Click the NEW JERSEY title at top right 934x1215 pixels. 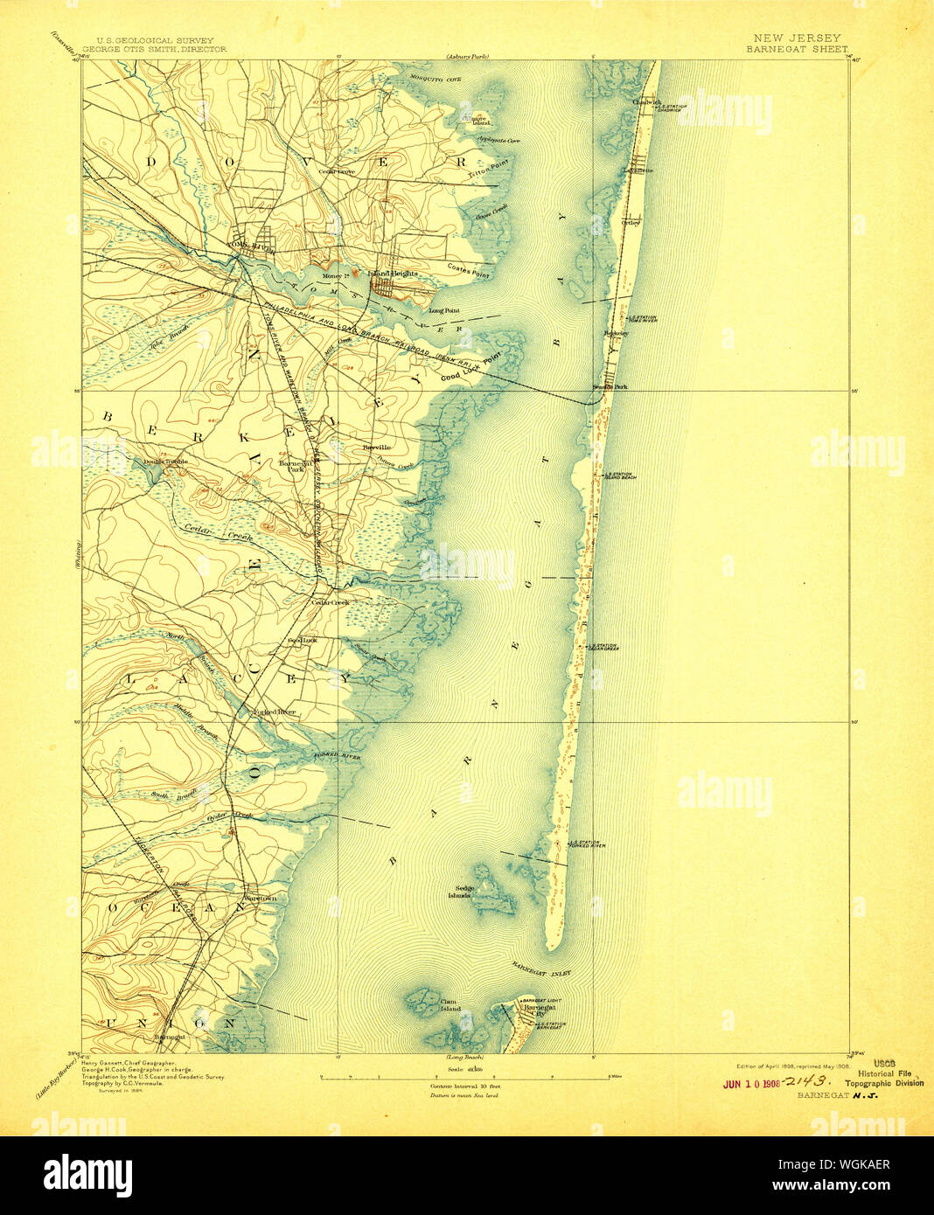tap(796, 38)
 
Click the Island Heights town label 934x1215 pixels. tap(392, 274)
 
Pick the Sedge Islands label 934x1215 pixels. tap(460, 892)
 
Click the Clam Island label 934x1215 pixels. tap(448, 1005)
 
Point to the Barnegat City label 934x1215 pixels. tap(533, 1010)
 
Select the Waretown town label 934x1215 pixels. tap(259, 899)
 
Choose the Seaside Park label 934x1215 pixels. tap(610, 386)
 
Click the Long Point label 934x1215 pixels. tap(443, 310)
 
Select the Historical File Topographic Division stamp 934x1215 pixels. tap(889, 1078)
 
